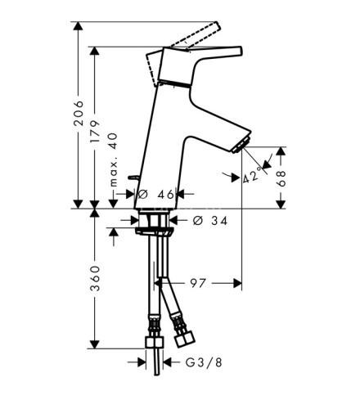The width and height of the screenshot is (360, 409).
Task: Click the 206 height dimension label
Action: tap(79, 113)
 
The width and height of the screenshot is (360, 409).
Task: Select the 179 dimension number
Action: tap(95, 132)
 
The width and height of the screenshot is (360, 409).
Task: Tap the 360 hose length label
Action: tap(95, 278)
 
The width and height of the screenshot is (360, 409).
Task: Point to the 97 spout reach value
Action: tap(198, 283)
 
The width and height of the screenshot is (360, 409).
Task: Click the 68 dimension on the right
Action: tap(281, 178)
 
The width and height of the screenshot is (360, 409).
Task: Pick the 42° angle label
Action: tap(251, 176)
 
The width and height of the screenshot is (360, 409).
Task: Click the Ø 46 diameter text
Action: tap(155, 195)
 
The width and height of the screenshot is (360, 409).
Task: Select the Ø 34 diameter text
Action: tap(210, 221)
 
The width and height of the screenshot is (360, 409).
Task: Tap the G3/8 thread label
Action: tap(204, 362)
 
